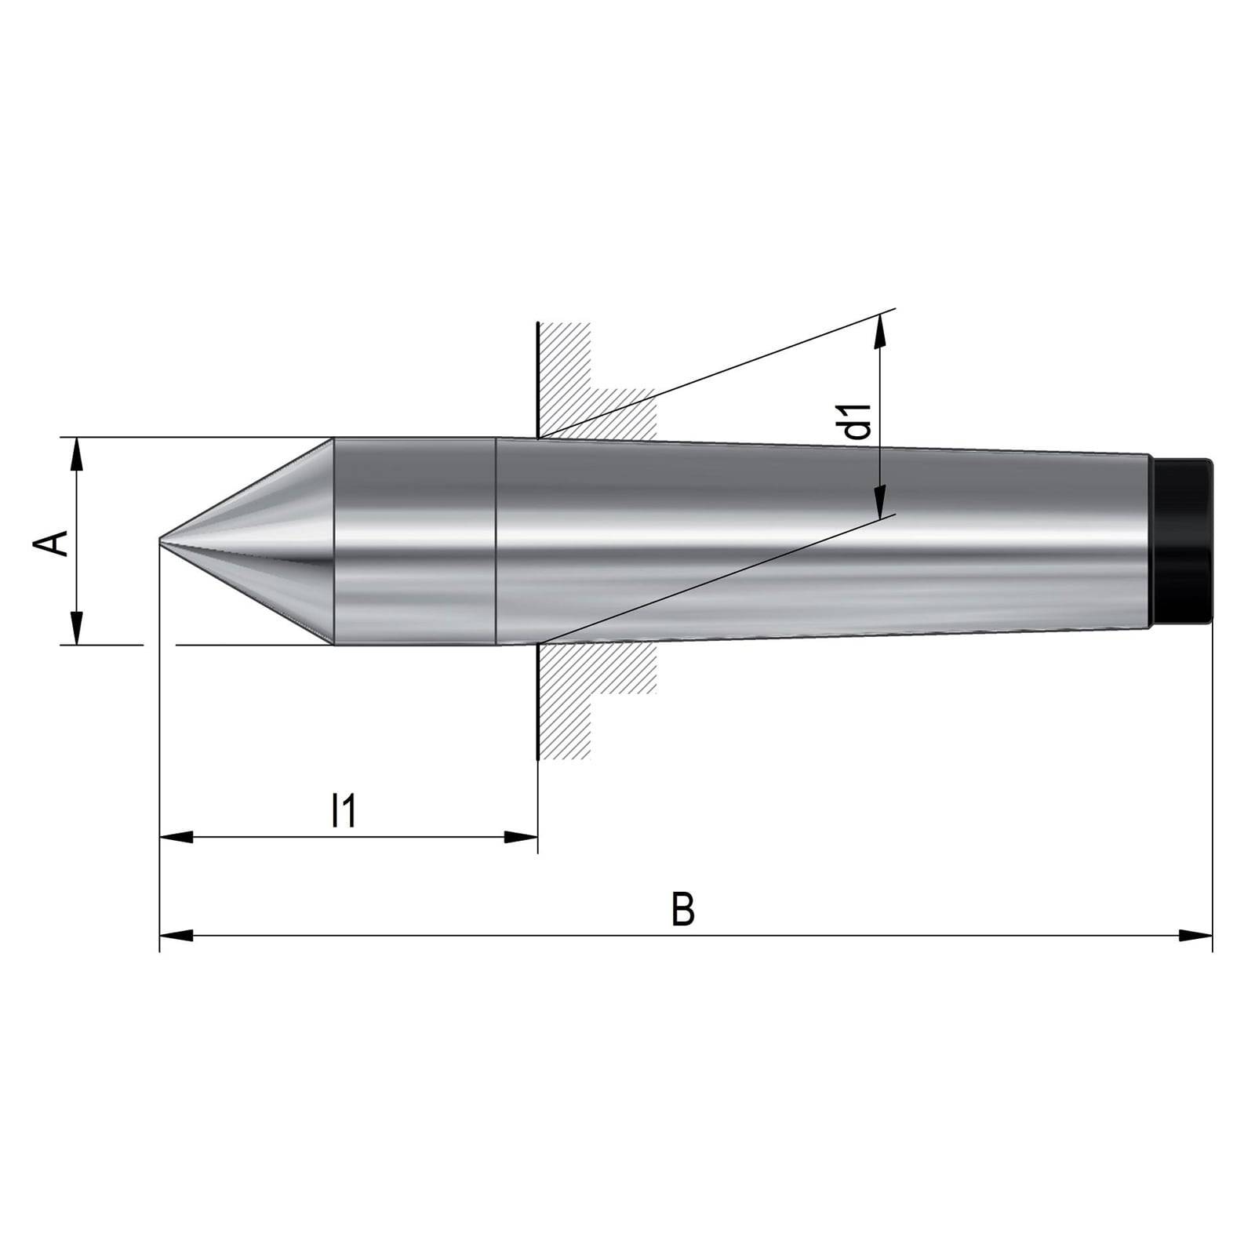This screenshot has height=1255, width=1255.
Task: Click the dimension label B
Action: pyautogui.click(x=683, y=909)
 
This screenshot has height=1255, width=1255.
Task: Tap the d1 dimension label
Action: pyautogui.click(x=860, y=421)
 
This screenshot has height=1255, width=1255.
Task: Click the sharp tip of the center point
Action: pyautogui.click(x=161, y=540)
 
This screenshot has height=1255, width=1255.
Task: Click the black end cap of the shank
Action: pyautogui.click(x=1183, y=541)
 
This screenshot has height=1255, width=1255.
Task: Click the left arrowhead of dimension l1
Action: pyautogui.click(x=176, y=837)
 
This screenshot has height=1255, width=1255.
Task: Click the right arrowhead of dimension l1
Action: pyautogui.click(x=521, y=837)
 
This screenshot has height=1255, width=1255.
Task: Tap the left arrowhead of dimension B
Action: pyautogui.click(x=176, y=935)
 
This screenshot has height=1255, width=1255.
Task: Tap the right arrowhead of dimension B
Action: pyautogui.click(x=1196, y=935)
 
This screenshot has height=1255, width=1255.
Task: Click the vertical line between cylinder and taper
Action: pyautogui.click(x=496, y=541)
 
